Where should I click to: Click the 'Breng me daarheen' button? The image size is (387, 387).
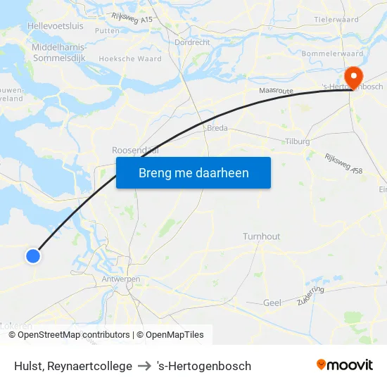tap(193, 172)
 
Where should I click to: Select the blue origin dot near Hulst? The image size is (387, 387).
tap(32, 256)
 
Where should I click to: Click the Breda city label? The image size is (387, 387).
tap(217, 128)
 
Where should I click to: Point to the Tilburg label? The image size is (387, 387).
tap(298, 141)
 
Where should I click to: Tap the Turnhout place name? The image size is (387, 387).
tap(261, 236)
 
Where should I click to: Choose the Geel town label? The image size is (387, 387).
tap(272, 303)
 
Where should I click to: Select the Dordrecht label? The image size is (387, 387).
tap(192, 42)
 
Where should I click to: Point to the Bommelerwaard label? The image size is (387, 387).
tap(332, 53)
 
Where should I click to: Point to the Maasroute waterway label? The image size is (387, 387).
tap(275, 91)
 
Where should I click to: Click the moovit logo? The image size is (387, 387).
tap(344, 365)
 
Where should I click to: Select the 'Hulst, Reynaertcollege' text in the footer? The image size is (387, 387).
tap(73, 366)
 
